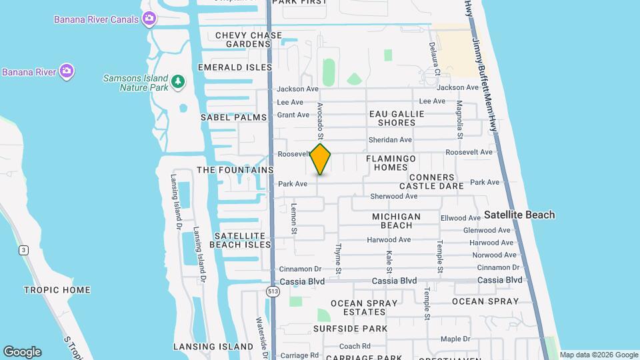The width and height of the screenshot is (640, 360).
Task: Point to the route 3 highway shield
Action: tap(24, 250)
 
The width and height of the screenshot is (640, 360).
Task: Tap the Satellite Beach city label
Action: tap(519, 215)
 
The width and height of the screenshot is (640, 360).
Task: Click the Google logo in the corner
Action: tap(22, 352)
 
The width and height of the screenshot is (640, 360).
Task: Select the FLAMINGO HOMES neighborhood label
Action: tap(391, 163)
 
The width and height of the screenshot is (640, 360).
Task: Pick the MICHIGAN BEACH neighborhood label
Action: tap(396, 221)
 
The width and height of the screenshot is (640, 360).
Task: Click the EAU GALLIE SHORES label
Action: tap(397, 118)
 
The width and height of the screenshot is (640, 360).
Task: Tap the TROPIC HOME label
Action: tap(57, 290)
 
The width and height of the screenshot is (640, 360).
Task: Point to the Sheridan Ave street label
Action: tap(390, 140)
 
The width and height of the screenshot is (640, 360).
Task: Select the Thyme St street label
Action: tap(338, 259)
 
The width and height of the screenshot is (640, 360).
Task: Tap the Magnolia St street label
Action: tap(459, 119)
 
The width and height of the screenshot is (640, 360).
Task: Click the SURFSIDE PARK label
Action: tap(350, 329)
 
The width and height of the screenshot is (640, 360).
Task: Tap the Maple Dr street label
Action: tap(455, 339)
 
